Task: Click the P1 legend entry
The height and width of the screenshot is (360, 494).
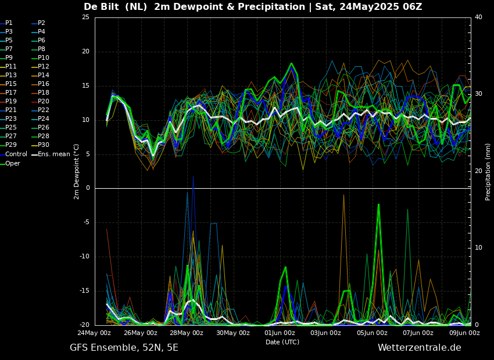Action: [x=6, y=23]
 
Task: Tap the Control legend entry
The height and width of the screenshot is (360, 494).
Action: [x=14, y=154]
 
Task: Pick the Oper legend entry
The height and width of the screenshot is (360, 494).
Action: [x=10, y=163]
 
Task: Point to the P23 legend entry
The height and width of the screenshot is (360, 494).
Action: [x=8, y=118]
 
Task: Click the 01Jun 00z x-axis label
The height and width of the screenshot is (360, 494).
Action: [x=280, y=333]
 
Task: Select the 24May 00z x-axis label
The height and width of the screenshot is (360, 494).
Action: [x=95, y=333]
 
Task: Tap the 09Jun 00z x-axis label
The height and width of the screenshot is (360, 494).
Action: [x=464, y=333]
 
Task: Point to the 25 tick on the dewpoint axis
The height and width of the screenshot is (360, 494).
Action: [x=85, y=17]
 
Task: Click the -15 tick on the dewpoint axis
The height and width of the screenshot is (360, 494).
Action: [x=84, y=291]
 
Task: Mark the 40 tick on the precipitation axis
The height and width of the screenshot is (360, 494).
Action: [x=478, y=17]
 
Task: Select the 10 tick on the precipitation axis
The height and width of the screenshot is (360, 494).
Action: [x=478, y=248]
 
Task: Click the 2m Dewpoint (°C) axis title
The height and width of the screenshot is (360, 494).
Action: [x=76, y=172]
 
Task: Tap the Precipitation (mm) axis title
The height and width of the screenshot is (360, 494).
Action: [x=488, y=176]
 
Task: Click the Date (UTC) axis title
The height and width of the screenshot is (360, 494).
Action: [x=282, y=342]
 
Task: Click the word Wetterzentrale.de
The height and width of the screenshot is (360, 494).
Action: [x=420, y=348]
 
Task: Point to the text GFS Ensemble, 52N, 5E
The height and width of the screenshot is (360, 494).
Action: [x=124, y=348]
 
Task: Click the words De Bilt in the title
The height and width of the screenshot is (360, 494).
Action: [x=102, y=6]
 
